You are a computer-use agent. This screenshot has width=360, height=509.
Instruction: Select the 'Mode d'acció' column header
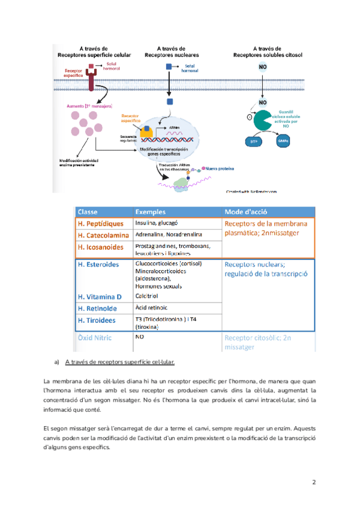coord(246,212)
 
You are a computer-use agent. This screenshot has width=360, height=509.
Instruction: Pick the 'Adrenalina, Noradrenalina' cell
coord(169,234)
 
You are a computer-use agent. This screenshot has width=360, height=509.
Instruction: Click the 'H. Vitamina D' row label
coord(100,297)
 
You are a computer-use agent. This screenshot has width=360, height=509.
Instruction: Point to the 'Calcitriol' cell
coord(147,296)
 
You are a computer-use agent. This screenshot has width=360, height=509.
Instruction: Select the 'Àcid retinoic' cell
coord(150,307)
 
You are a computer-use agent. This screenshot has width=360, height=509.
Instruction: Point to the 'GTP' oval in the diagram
coord(253,142)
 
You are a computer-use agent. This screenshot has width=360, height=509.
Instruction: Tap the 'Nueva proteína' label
coord(220,169)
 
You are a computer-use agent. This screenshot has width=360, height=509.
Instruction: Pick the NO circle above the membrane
coord(263,68)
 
